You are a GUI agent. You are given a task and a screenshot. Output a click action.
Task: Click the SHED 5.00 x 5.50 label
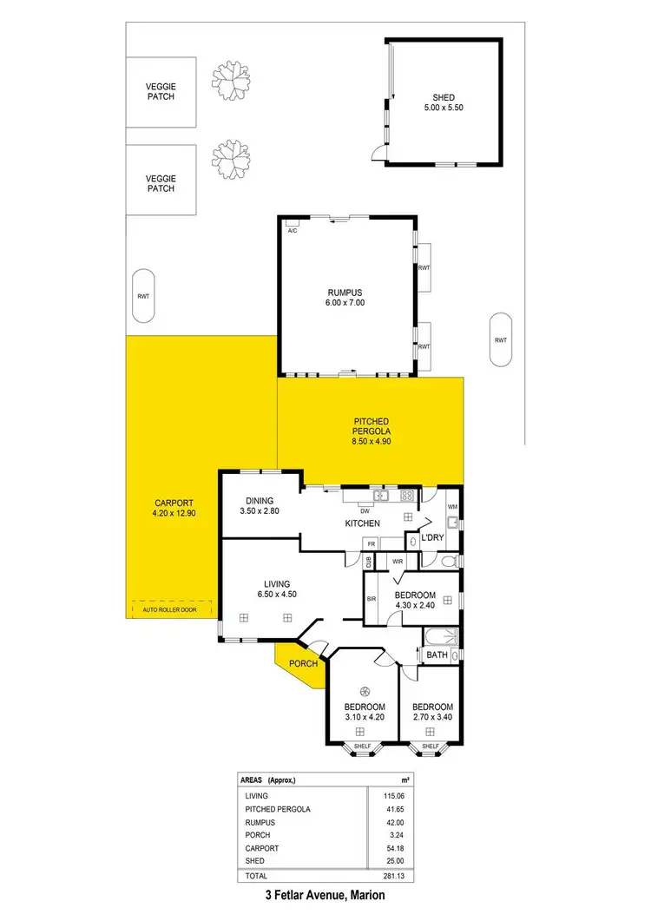tap(444, 102)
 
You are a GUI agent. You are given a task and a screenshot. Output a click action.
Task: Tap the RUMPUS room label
tap(344, 298)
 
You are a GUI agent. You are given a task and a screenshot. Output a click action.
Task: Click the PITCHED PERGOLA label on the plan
tap(371, 431)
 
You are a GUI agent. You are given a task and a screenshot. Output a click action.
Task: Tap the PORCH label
tap(304, 664)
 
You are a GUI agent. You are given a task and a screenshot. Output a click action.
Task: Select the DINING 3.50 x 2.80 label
tap(260, 506)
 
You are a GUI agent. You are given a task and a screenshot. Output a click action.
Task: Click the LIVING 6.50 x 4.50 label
tap(277, 589)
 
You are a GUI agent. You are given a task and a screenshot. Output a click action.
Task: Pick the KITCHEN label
tap(363, 523)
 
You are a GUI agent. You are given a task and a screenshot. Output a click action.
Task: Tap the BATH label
tap(437, 655)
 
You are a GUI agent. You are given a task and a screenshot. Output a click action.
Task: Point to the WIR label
tap(398, 562)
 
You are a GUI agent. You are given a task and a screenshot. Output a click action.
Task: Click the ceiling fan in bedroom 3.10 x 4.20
tap(365, 691)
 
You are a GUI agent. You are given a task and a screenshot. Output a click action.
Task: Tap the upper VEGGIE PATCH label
tap(161, 91)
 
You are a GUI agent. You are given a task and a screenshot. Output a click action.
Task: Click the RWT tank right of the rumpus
tap(500, 339)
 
